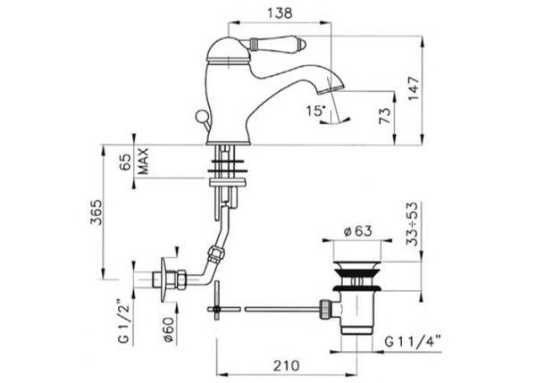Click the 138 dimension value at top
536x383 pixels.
point(280,13)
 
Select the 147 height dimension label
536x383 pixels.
point(414,88)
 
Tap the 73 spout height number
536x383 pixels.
point(385,116)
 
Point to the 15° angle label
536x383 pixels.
point(316,111)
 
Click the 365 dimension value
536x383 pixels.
point(96,212)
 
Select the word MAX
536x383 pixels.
point(144,161)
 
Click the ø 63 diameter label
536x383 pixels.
point(358,231)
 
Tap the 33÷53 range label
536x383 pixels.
point(412,224)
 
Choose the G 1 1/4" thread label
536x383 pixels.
point(413,341)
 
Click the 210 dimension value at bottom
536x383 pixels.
point(286,365)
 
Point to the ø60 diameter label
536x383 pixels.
point(169,329)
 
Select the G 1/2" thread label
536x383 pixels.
point(124,321)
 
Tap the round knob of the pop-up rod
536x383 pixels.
point(201,116)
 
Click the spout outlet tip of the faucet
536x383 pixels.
point(331,90)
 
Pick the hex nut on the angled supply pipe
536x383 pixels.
point(217,254)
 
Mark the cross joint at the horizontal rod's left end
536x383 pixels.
point(216,309)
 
